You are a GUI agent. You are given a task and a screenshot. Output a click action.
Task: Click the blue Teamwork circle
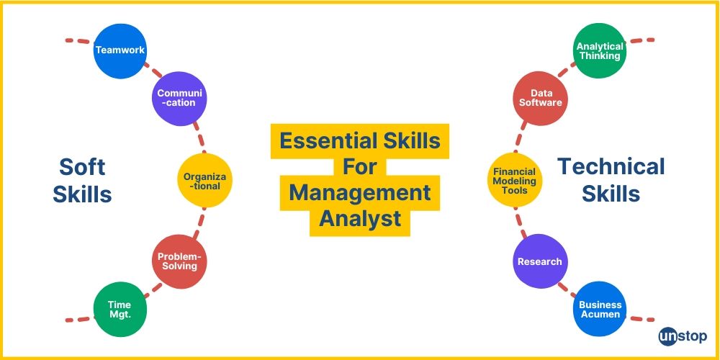click(120, 50)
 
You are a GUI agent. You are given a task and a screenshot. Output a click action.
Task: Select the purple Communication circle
click(179, 98)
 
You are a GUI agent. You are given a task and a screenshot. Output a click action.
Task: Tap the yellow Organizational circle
click(205, 180)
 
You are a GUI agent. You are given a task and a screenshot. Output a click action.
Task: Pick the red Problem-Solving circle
click(179, 261)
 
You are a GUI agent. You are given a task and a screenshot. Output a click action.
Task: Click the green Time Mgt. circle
click(120, 309)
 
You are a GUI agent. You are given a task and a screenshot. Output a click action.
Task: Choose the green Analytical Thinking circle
click(600, 51)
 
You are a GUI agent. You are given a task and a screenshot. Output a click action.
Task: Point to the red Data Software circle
click(541, 98)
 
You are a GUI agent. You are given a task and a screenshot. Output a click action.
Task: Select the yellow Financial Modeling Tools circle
click(514, 181)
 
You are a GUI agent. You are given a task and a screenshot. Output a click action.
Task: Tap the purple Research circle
click(540, 261)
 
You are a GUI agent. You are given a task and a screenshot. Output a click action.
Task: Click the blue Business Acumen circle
click(600, 310)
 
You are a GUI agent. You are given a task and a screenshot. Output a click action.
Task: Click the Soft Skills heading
click(82, 181)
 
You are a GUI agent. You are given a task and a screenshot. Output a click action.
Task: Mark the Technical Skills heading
click(611, 180)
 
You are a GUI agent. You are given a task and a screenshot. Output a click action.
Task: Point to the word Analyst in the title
click(360, 218)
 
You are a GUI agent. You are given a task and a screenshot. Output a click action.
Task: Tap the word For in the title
click(360, 166)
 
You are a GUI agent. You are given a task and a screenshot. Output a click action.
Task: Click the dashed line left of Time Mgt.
click(77, 318)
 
